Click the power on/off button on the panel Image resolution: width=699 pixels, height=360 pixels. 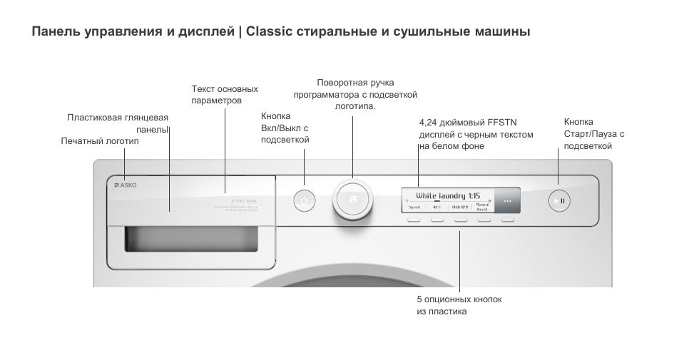[305, 201]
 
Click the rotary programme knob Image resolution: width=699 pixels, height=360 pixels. [352, 200]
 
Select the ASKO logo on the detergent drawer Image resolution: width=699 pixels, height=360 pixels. [126, 185]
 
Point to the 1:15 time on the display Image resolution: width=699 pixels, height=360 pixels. [474, 195]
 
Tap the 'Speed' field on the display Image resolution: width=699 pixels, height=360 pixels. [414, 207]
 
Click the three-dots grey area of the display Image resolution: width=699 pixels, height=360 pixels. [507, 201]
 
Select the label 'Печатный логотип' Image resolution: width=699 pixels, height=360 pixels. [100, 141]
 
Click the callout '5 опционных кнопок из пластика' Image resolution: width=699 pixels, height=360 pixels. [459, 305]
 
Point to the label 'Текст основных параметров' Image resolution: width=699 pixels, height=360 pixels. [225, 95]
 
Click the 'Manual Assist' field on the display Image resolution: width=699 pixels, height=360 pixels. [483, 207]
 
